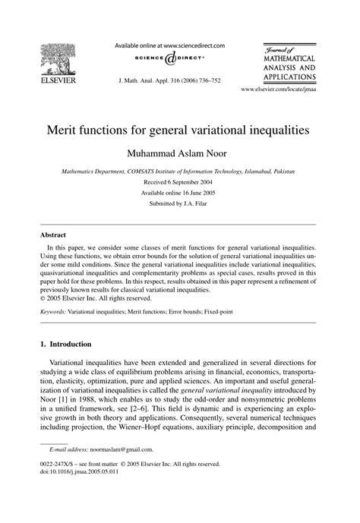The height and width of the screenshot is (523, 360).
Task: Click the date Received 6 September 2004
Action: click(x=179, y=182)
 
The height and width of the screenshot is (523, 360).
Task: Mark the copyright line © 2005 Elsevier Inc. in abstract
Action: click(x=98, y=298)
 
